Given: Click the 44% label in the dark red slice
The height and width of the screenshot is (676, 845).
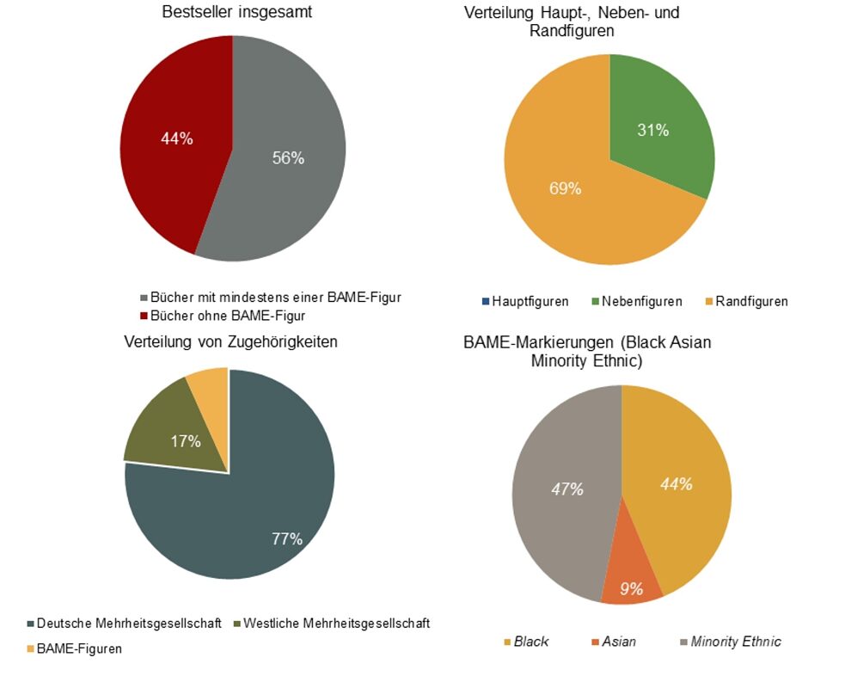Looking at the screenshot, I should [177, 138].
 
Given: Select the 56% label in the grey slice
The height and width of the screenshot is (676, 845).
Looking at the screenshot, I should [288, 157].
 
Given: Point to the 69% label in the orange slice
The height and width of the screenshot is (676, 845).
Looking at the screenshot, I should [565, 188].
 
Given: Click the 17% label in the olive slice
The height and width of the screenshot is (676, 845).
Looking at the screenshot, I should [185, 441].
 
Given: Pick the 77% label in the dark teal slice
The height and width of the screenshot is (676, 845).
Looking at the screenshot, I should [286, 539].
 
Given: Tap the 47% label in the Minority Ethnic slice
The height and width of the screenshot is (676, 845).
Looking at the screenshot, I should [567, 489].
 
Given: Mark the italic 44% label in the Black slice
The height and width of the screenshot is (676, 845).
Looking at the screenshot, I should [677, 484].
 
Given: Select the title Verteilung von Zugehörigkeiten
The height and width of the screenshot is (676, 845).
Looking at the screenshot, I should [230, 341].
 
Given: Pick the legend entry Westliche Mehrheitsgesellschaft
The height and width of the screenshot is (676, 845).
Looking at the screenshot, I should [336, 623].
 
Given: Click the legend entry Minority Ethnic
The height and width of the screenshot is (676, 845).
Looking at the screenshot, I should [736, 642].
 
